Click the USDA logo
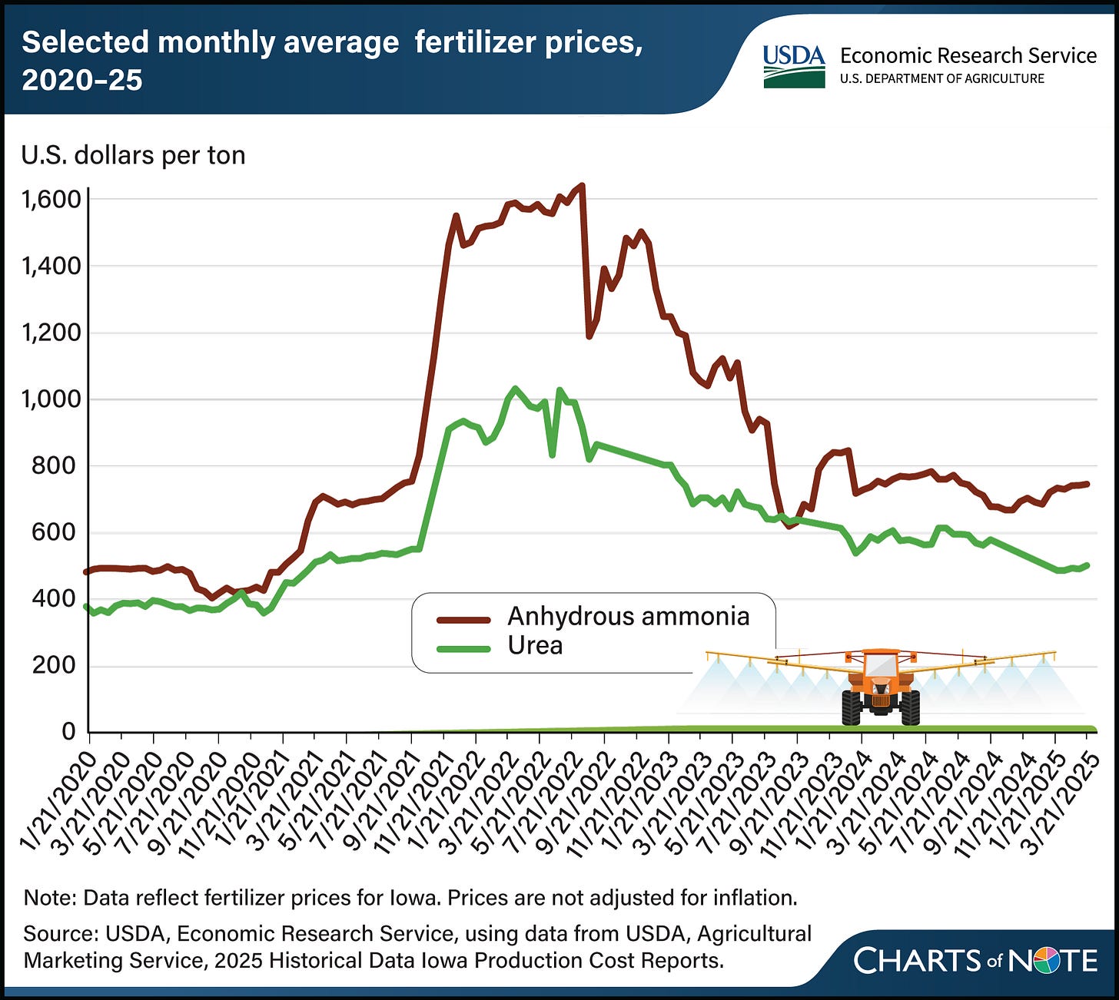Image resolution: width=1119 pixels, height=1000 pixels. (793, 66)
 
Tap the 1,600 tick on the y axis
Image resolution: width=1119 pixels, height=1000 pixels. (51, 200)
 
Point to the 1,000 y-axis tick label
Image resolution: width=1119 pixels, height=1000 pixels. (51, 399)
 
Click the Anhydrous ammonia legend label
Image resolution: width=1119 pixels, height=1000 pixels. (628, 617)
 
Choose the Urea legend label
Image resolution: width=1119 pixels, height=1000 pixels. (535, 646)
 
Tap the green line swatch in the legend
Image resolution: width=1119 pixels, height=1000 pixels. (463, 648)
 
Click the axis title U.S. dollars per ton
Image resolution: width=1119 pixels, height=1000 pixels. (133, 155)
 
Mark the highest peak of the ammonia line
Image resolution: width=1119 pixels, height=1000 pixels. (581, 185)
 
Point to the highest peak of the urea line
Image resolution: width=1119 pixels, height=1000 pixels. (515, 389)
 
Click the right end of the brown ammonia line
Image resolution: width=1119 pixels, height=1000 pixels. (1087, 484)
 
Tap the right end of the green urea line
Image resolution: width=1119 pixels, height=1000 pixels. (1087, 565)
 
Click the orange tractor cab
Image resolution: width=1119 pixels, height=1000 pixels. (880, 665)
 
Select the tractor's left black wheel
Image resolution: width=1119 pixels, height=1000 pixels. (851, 707)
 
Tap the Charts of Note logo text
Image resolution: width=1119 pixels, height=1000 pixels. (975, 961)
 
